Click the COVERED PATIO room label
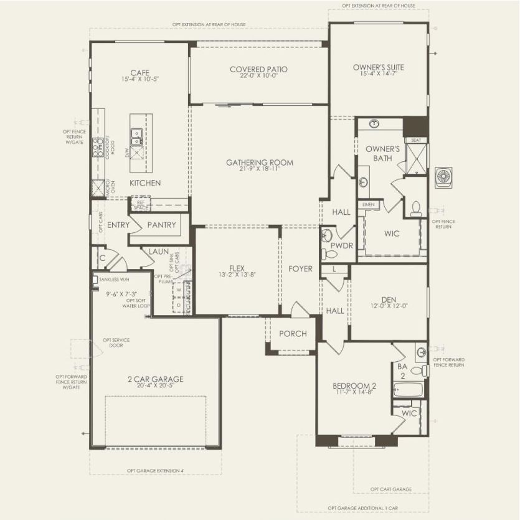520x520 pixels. [x=258, y=69]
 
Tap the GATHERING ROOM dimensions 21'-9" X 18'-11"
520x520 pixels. [x=259, y=169]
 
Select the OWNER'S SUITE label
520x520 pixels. [x=378, y=67]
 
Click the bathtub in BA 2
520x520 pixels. [x=409, y=390]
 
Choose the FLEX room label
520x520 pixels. [x=236, y=268]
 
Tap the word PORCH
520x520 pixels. [x=293, y=334]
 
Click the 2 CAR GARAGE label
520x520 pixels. [x=155, y=379]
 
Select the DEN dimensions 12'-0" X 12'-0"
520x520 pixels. [x=389, y=305]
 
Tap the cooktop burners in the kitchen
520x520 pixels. [x=98, y=146]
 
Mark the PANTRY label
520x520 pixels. [x=161, y=225]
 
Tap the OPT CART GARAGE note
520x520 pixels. [x=390, y=489]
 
